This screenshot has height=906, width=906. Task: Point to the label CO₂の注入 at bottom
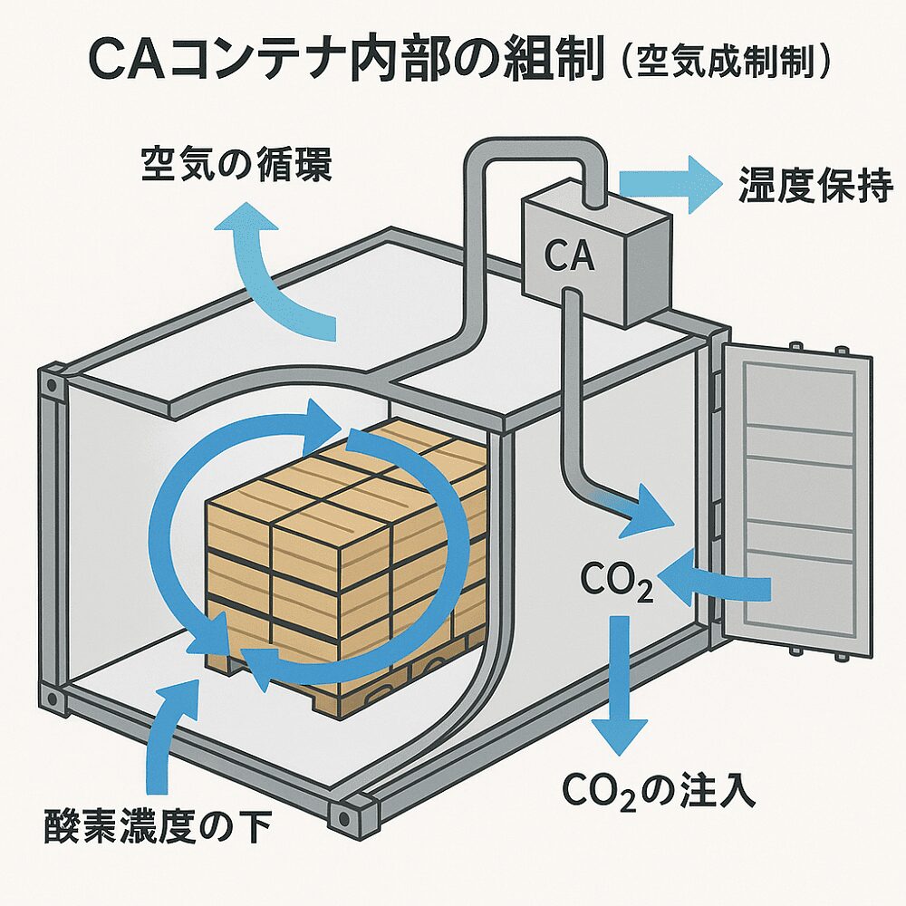click(x=659, y=790)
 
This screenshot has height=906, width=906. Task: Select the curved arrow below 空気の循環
click(x=272, y=272)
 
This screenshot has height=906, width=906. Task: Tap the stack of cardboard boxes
click(x=344, y=535)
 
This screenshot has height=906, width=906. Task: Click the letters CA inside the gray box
click(x=570, y=256)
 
